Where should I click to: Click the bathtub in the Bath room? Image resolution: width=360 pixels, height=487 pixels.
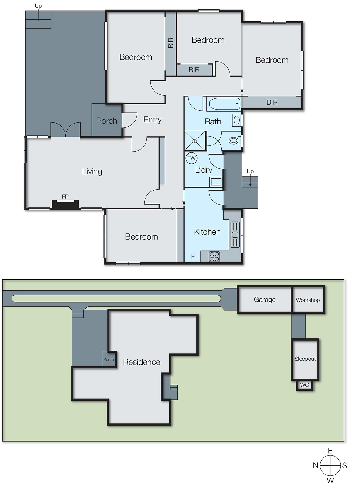pos(224,104)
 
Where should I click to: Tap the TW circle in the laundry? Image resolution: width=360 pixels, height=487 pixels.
pos(191,158)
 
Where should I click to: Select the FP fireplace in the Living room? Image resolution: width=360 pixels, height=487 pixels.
pos(65,203)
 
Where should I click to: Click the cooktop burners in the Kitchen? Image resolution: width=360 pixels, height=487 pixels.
pos(214,257)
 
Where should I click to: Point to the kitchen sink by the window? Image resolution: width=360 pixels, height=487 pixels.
pos(235,234)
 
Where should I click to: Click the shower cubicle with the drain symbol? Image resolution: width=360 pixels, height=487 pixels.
pos(195,141)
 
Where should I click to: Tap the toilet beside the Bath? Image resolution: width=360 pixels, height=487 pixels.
pos(234,141)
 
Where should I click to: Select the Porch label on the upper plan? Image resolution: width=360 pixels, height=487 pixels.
pos(107,121)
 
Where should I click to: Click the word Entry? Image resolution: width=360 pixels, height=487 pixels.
pos(152,120)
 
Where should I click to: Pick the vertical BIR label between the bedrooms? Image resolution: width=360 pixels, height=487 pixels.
pos(171,43)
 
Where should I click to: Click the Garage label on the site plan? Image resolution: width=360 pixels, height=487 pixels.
pos(265,300)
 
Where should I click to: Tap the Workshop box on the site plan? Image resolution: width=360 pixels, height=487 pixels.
pos(308,300)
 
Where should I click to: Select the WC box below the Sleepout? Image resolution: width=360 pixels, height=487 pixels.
pos(304,385)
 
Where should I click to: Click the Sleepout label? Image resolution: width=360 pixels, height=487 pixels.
pos(305,359)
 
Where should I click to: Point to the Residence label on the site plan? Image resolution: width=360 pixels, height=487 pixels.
pos(141,362)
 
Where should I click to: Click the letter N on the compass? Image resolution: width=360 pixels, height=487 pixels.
pos(316,465)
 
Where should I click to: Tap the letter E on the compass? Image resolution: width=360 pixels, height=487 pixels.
pos(330,450)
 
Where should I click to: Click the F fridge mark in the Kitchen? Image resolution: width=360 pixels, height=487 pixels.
pos(192,257)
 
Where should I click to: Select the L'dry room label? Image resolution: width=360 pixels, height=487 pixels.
pos(203,170)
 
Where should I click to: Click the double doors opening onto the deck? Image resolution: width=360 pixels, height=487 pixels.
pos(65,130)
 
